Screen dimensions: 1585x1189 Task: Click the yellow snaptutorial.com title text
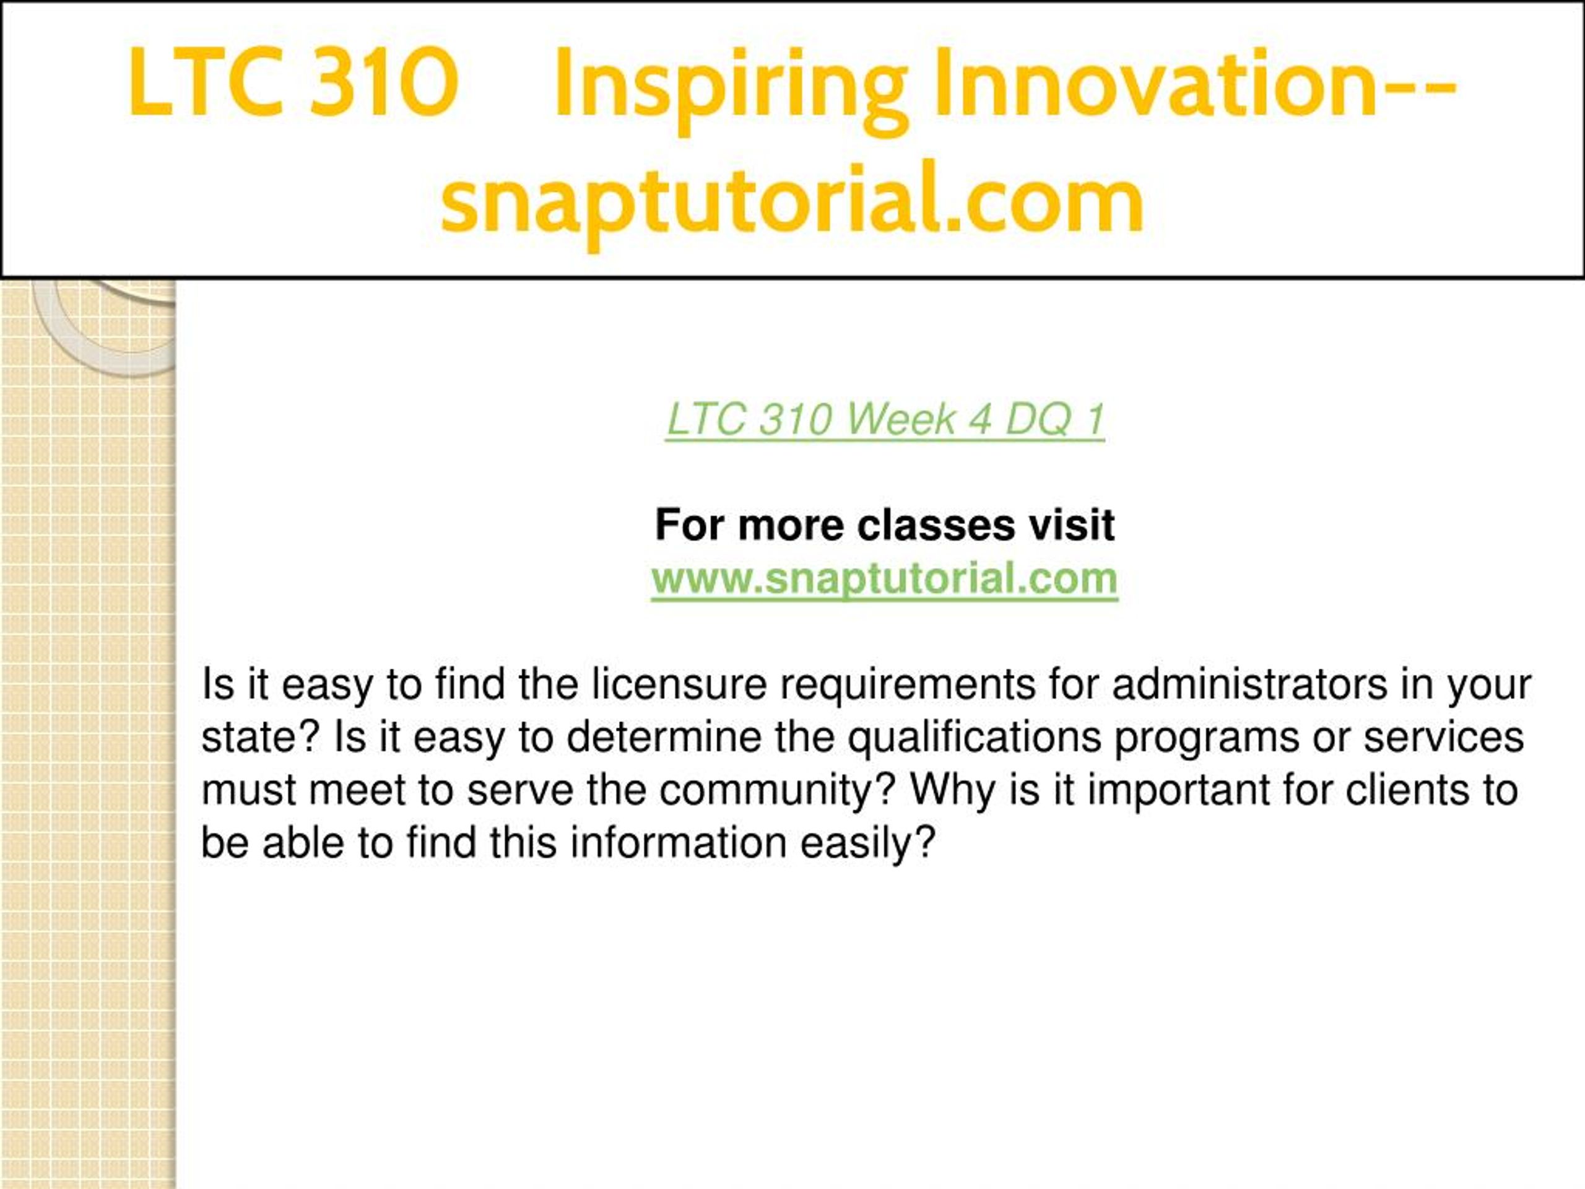click(x=792, y=201)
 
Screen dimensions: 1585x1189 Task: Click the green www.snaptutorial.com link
click(x=885, y=579)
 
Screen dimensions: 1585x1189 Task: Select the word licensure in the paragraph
click(x=679, y=684)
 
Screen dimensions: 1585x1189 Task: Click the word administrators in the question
click(x=1249, y=684)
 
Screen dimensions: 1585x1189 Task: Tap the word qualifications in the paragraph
click(x=975, y=738)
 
